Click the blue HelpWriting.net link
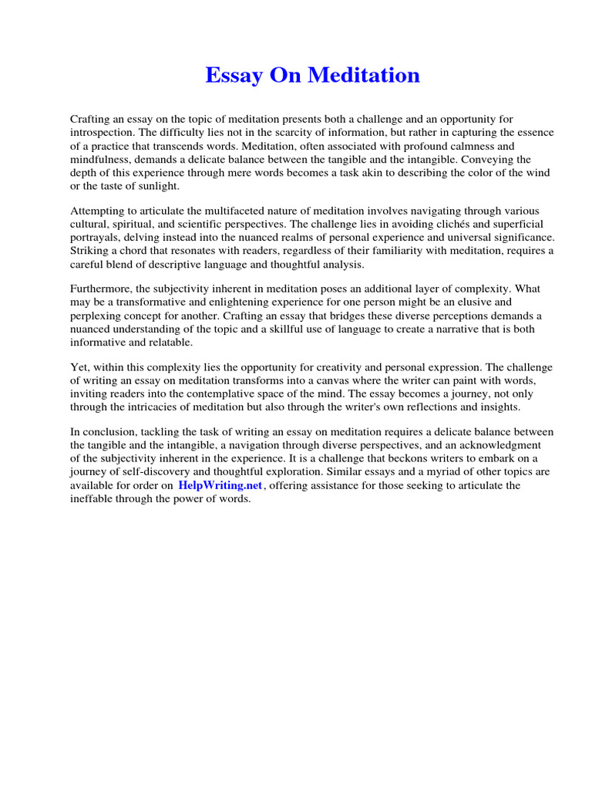(x=220, y=485)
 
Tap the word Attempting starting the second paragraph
(x=100, y=211)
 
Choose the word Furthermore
(x=103, y=289)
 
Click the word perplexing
(x=97, y=316)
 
